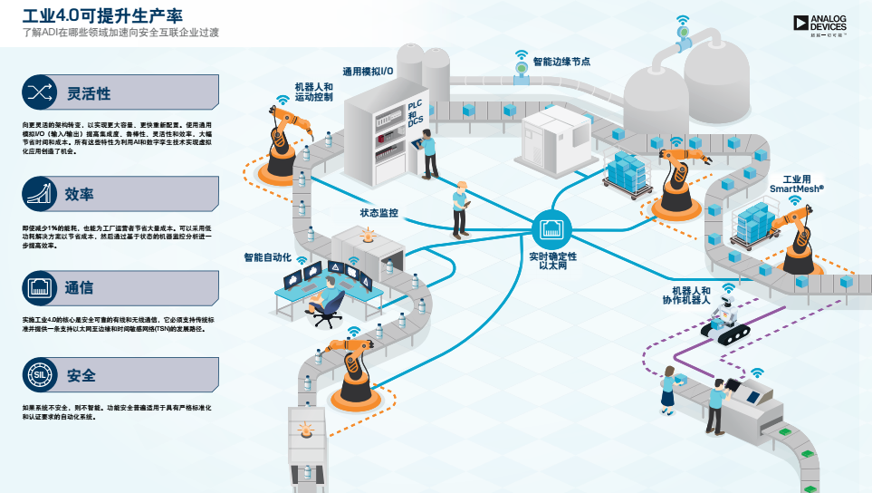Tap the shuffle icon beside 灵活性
tap(39, 92)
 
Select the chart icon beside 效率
tap(39, 193)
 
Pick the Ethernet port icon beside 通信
tap(39, 288)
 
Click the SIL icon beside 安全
tap(39, 374)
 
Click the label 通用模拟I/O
tap(368, 70)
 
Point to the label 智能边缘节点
tap(561, 62)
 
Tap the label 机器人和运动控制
tap(313, 92)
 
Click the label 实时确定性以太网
tap(552, 262)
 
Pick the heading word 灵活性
tap(89, 93)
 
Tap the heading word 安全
tap(81, 374)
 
